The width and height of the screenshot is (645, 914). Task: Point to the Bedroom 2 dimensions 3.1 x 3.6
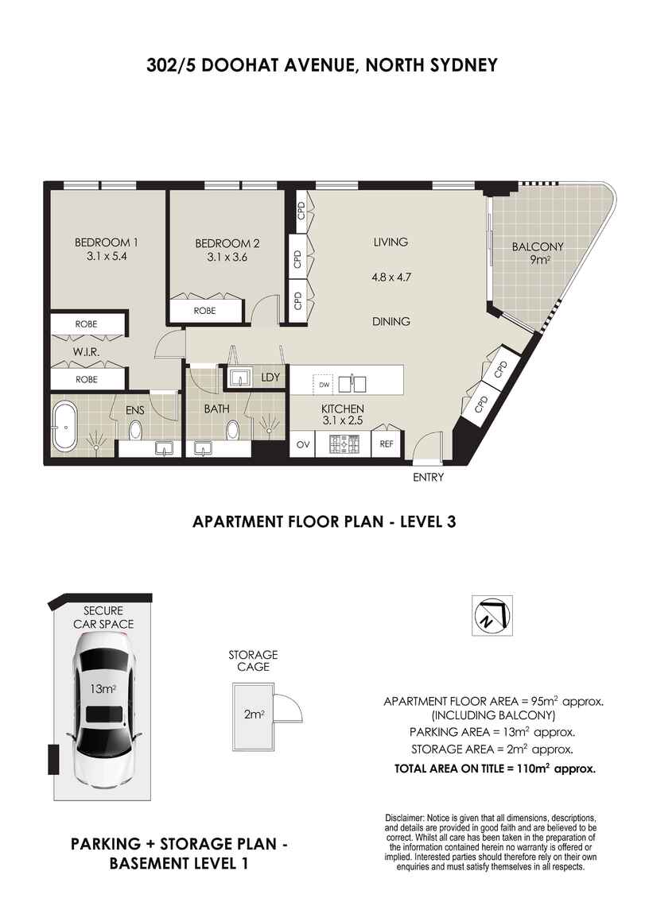[227, 257]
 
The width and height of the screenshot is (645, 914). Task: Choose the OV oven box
[302, 444]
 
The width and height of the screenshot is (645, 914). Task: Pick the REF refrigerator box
[387, 444]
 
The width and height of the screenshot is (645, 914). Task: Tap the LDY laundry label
[270, 378]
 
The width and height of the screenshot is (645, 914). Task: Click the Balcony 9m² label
[537, 252]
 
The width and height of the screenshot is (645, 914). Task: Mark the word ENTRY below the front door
[428, 478]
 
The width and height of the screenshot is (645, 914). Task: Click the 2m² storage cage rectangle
[254, 715]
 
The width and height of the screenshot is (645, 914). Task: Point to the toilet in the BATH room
[232, 431]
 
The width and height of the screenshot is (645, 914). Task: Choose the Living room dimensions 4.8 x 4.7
[390, 278]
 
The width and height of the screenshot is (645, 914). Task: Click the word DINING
[391, 322]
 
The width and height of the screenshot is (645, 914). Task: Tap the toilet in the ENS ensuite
[135, 430]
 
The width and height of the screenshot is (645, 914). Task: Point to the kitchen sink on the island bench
[352, 384]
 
